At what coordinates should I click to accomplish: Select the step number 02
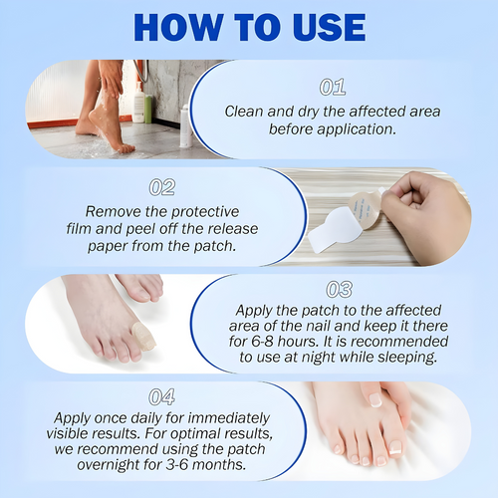[161, 186]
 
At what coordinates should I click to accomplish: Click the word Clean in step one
[245, 112]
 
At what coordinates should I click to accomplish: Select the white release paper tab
[324, 235]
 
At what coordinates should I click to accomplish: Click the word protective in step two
[205, 211]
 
